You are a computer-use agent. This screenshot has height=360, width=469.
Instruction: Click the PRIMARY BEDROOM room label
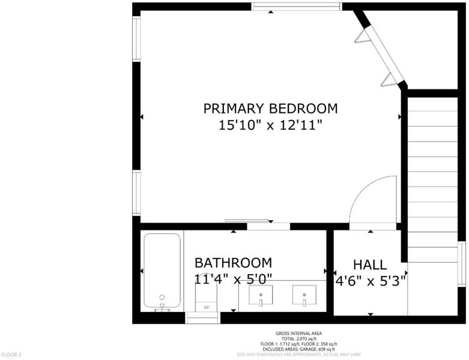[x=270, y=109]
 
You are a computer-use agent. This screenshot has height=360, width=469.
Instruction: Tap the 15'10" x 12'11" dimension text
[x=270, y=125]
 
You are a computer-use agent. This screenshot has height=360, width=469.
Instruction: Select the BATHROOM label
[x=234, y=263]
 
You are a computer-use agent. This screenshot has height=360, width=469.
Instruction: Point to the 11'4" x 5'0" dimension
[x=234, y=280]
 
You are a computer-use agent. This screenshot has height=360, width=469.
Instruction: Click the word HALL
[x=370, y=265]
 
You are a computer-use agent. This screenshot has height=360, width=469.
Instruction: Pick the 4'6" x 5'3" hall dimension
[x=371, y=281]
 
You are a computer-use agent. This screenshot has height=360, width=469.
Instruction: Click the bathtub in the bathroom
[x=162, y=271]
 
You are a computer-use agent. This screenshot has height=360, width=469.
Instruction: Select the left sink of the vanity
[x=261, y=295]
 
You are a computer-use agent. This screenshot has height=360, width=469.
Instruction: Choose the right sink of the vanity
[x=304, y=295]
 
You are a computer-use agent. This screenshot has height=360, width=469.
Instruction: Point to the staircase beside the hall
[x=432, y=180]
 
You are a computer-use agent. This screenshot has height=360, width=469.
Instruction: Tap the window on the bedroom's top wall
[x=296, y=7]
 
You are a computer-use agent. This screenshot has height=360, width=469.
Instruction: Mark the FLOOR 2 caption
[x=11, y=355]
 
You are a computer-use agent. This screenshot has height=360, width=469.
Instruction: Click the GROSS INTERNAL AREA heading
[x=299, y=334]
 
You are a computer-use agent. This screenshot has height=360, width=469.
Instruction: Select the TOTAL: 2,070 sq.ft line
[x=299, y=339]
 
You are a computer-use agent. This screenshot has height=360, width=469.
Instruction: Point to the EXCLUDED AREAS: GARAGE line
[x=299, y=349]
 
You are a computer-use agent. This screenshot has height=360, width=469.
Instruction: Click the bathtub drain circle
[x=162, y=297]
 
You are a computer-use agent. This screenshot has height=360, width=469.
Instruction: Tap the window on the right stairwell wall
[x=462, y=264]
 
